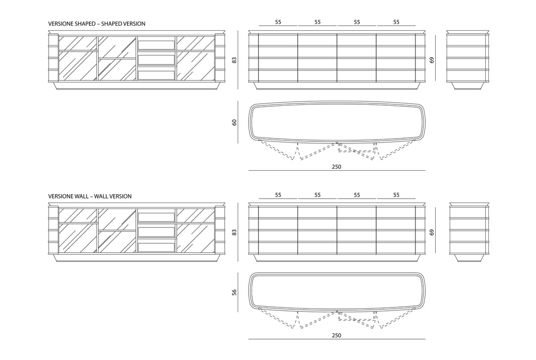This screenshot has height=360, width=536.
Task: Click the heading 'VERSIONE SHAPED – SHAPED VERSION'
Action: pyautogui.click(x=97, y=24)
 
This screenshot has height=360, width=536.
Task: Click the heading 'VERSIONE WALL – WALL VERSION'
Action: pyautogui.click(x=90, y=196)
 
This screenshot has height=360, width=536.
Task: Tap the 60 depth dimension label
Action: pyautogui.click(x=234, y=122)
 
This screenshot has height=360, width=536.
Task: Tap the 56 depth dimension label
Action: pyautogui.click(x=234, y=292)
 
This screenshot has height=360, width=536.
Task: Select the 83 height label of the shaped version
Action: pyautogui.click(x=234, y=60)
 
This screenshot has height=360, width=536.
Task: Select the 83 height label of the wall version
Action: pyautogui.click(x=234, y=232)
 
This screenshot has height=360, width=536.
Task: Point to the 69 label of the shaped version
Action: pyautogui.click(x=432, y=60)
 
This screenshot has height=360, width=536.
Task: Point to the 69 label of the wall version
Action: pyautogui.click(x=432, y=232)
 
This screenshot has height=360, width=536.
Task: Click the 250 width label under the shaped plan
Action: pyautogui.click(x=336, y=167)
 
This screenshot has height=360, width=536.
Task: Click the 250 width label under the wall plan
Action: pyautogui.click(x=336, y=335)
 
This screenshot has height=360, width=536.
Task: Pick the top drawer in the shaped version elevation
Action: pyautogui.click(x=156, y=45)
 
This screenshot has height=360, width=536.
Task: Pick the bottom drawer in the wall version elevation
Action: pyautogui.click(x=156, y=247)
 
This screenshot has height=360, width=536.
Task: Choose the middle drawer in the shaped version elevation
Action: pyautogui.click(x=156, y=60)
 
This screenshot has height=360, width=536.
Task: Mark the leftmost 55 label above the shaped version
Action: pyautogui.click(x=278, y=22)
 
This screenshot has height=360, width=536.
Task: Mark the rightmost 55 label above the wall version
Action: pyautogui.click(x=396, y=195)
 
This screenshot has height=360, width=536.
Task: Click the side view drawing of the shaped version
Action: pyautogui.click(x=468, y=60)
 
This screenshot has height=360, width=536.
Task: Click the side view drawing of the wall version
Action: pyautogui.click(x=469, y=232)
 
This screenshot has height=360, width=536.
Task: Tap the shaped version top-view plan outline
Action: pyautogui.click(x=336, y=102)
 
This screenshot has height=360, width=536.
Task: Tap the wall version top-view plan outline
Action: pyautogui.click(x=336, y=274)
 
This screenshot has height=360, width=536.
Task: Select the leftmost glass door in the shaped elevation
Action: pyautogui.click(x=77, y=58)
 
